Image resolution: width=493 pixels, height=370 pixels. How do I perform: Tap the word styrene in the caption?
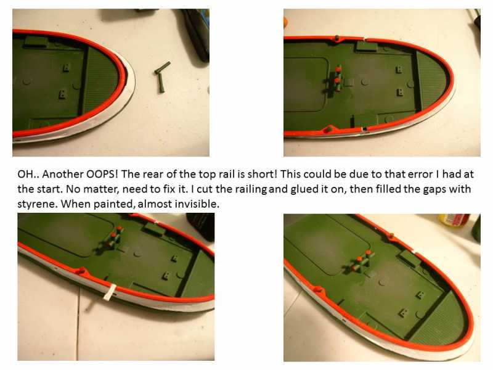pyautogui.click(x=38, y=204)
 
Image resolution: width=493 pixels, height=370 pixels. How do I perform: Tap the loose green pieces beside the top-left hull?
pyautogui.click(x=162, y=76)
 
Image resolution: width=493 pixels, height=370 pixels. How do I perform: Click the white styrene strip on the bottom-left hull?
pyautogui.click(x=110, y=292)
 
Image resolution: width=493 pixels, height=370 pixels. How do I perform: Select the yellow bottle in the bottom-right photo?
pyautogui.click(x=454, y=220)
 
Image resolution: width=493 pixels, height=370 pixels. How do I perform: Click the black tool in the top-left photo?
pyautogui.click(x=195, y=34)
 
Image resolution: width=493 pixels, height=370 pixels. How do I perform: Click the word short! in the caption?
pyautogui.click(x=263, y=174)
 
